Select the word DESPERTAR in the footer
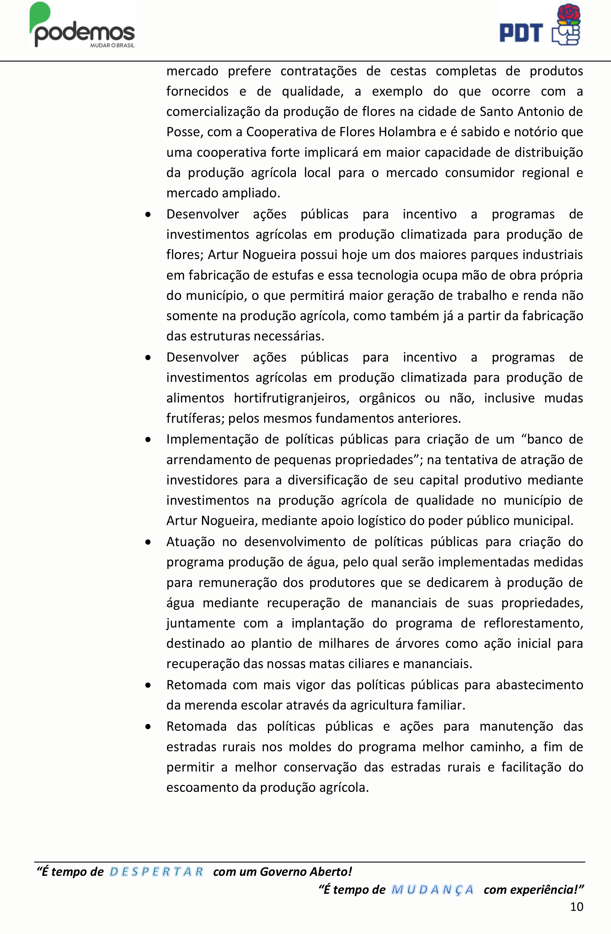[156, 872]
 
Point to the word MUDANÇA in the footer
[433, 890]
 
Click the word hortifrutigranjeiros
[291, 398]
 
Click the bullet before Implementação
[148, 439]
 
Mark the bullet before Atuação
[148, 542]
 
